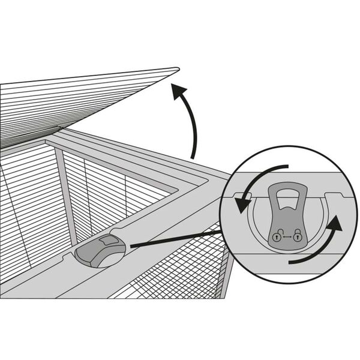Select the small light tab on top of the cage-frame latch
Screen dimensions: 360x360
click(x=109, y=241)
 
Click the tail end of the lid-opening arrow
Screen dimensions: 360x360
click(x=193, y=157)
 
